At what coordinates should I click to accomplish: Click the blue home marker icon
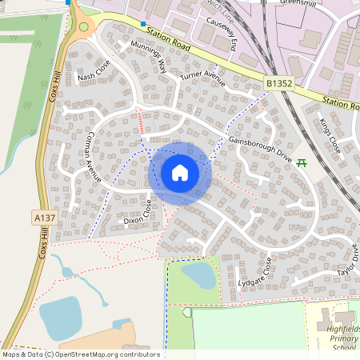pos(180,172)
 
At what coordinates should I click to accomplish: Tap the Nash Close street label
pos(92,78)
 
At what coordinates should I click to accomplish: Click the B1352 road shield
pos(279,82)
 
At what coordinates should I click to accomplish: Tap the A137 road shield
pos(45,217)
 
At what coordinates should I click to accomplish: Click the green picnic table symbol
pos(302,163)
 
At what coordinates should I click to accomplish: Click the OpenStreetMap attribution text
pos(80,354)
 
